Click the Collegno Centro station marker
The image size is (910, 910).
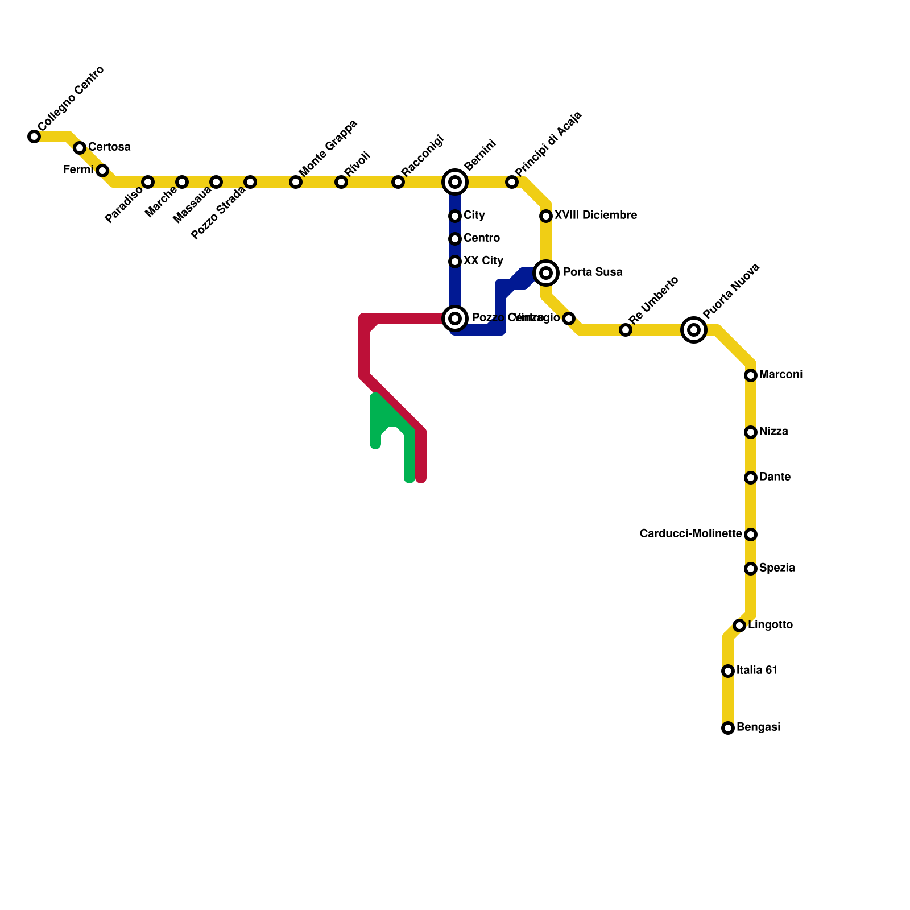tap(34, 136)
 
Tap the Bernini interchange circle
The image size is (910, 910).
tap(455, 182)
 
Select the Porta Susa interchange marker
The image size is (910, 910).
tap(546, 273)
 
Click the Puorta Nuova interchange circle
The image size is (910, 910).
tap(694, 329)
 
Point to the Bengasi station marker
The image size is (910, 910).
tap(728, 728)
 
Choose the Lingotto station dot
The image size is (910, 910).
tap(739, 626)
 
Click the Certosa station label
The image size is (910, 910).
tap(109, 147)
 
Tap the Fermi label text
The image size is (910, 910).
tap(78, 170)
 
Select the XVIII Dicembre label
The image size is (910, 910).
tap(595, 216)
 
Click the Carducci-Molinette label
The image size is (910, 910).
tap(690, 534)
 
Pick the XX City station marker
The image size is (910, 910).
tap(455, 262)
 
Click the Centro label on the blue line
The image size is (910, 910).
tap(481, 238)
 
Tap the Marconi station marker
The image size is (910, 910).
tap(751, 375)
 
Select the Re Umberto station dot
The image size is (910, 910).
tap(626, 330)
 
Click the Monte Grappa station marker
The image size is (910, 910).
tap(296, 182)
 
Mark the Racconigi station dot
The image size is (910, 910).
tap(398, 182)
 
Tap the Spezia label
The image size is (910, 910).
tap(777, 568)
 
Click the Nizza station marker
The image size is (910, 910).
tap(751, 432)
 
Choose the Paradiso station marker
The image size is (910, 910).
tap(148, 182)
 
